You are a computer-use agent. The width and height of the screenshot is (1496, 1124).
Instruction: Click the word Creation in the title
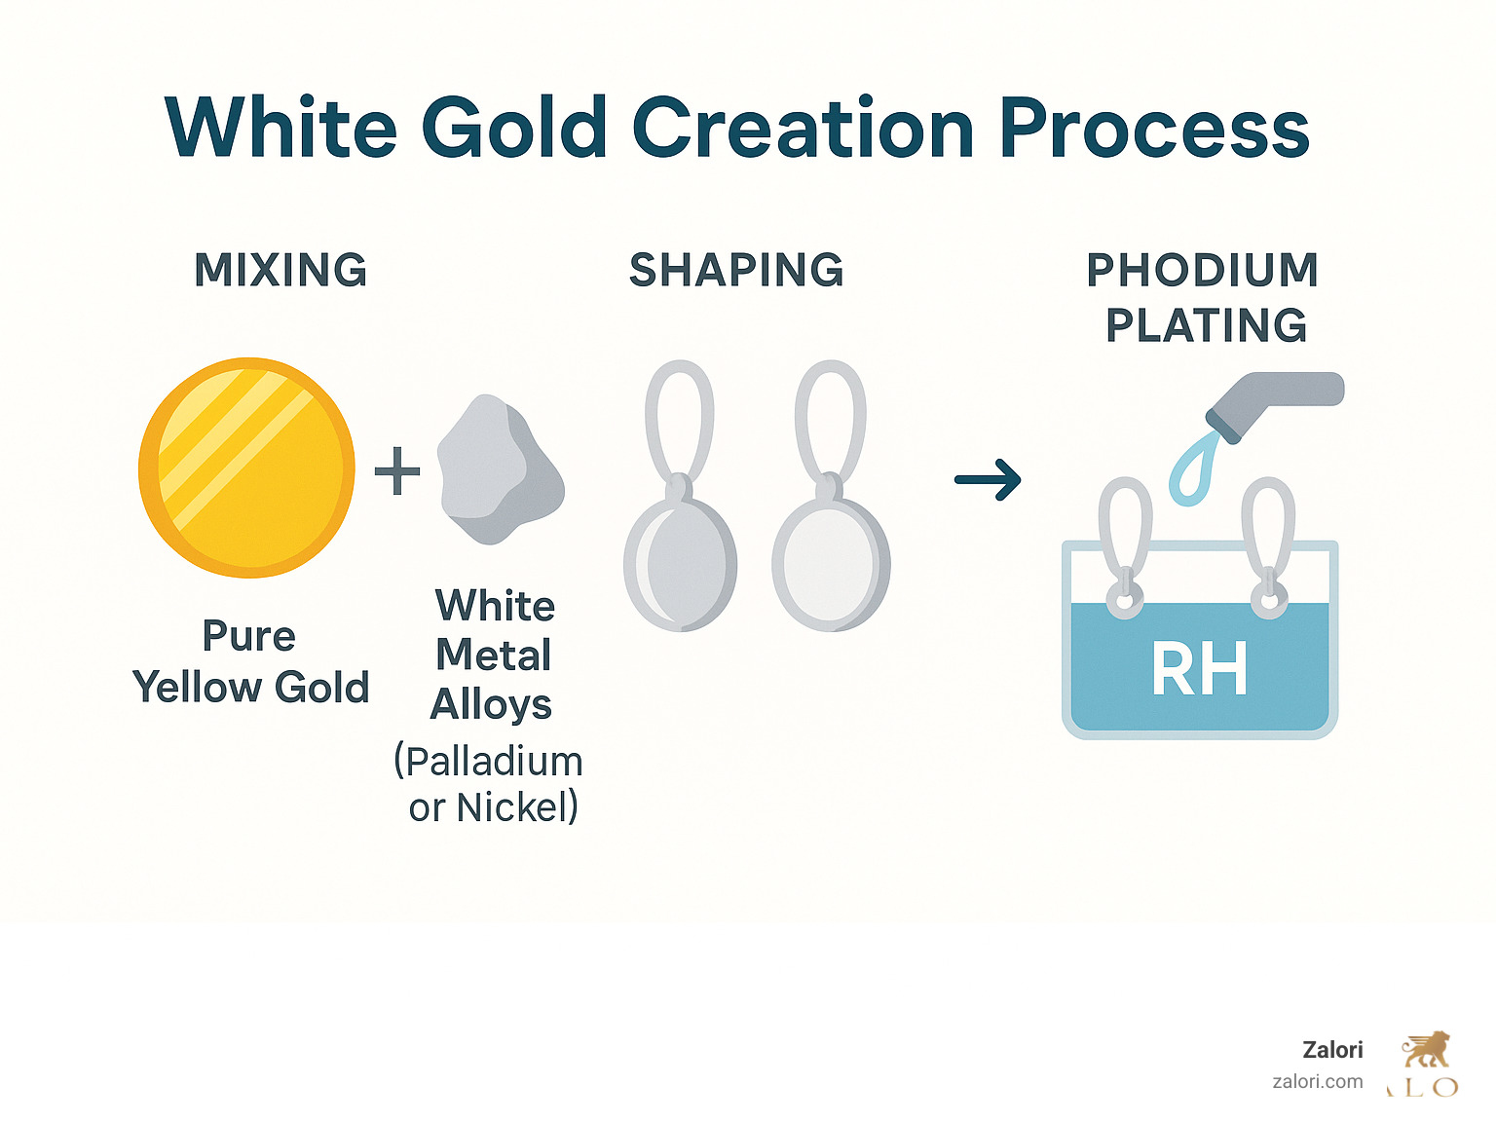(804, 129)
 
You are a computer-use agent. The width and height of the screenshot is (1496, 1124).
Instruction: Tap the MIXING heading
(281, 270)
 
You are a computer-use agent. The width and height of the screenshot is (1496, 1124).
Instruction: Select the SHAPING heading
(736, 270)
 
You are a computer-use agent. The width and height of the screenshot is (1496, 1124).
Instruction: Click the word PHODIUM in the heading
(1203, 270)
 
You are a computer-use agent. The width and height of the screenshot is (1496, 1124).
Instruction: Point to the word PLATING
(1207, 325)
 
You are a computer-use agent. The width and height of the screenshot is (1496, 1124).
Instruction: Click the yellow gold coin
(246, 468)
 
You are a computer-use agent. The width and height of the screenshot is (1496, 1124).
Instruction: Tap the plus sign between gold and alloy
(397, 471)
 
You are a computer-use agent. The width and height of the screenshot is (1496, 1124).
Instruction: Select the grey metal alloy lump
(499, 470)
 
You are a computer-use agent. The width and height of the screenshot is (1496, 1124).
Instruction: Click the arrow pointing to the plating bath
(988, 479)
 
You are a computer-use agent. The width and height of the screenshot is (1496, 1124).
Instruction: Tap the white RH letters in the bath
(1199, 669)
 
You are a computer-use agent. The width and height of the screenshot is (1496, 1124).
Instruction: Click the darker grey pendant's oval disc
(680, 564)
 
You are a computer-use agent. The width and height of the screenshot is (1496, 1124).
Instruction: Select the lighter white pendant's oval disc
(830, 564)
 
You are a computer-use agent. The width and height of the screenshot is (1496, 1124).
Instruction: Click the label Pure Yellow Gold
(250, 661)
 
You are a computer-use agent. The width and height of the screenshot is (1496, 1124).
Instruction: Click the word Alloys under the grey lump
(492, 704)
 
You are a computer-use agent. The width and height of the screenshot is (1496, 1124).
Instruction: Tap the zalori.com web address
(1318, 1081)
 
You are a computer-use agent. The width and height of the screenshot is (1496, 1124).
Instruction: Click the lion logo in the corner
(1426, 1051)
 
